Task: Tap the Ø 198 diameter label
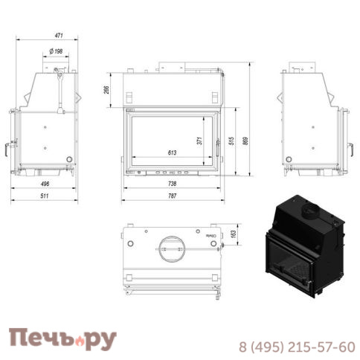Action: (55, 51)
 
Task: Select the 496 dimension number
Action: (45, 184)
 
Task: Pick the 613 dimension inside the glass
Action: (172, 153)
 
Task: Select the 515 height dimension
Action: (232, 141)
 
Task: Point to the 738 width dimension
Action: (172, 184)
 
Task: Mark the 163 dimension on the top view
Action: (232, 234)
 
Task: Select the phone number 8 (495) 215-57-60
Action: (296, 346)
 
